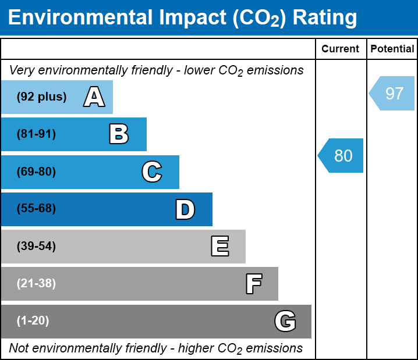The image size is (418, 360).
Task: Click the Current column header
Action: click(x=341, y=49)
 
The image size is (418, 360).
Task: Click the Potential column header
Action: click(x=392, y=49)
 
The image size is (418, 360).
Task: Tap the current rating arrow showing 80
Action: click(x=342, y=156)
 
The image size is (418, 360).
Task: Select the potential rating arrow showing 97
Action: click(x=392, y=93)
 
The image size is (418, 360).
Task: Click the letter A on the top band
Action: click(x=94, y=97)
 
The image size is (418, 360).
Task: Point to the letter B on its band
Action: click(x=119, y=134)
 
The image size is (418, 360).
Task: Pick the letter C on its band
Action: click(x=152, y=172)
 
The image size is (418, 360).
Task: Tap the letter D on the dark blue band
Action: click(x=185, y=209)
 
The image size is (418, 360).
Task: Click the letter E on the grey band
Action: click(x=219, y=247)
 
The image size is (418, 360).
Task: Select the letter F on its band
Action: click(x=253, y=284)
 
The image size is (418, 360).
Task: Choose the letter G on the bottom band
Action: click(x=285, y=321)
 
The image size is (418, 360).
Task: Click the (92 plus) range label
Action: click(x=41, y=97)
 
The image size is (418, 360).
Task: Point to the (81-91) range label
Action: click(x=36, y=134)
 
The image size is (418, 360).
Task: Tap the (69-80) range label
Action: click(x=36, y=172)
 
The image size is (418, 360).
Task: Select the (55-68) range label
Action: click(x=36, y=209)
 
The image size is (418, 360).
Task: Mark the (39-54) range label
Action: click(x=36, y=247)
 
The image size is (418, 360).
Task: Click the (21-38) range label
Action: click(x=36, y=284)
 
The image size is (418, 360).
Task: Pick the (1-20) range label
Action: click(x=33, y=321)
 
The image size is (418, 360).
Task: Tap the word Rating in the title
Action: click(x=325, y=18)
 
